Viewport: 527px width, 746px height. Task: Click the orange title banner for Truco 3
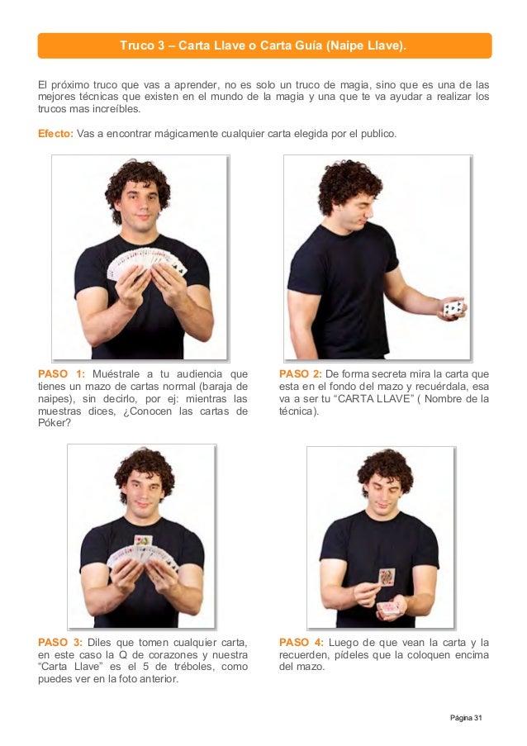(x=264, y=45)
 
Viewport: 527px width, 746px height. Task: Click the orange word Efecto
(x=55, y=134)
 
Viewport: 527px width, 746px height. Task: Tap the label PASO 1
(x=62, y=374)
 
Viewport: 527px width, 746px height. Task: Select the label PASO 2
(x=301, y=374)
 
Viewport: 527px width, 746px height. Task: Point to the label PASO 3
(x=60, y=642)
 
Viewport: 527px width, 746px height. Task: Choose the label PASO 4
(x=301, y=642)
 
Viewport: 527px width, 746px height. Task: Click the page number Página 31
(x=466, y=717)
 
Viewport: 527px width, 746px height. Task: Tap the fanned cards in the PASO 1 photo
(x=146, y=263)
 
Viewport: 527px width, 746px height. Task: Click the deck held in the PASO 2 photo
(x=453, y=309)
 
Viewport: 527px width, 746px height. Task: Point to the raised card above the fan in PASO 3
(x=143, y=540)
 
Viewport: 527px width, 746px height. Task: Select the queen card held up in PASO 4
(x=387, y=577)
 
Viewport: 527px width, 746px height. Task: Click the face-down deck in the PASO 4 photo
(x=389, y=607)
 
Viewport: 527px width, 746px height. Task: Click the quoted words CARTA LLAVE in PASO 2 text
(x=373, y=399)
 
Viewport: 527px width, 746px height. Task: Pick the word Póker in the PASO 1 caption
(x=55, y=423)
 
